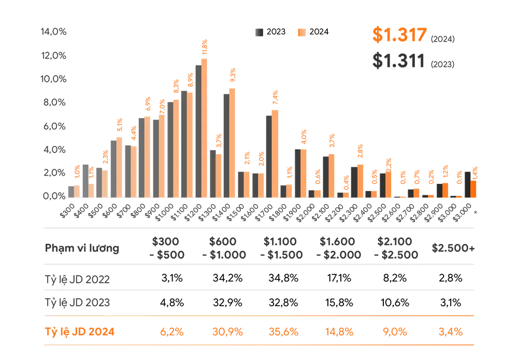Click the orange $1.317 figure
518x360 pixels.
click(x=399, y=35)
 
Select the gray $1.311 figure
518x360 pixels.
click(x=399, y=61)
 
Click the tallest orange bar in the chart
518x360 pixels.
click(x=204, y=127)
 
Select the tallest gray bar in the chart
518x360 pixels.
click(x=196, y=129)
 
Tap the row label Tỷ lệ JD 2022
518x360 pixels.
click(x=78, y=279)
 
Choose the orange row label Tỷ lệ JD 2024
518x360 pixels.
click(x=80, y=332)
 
